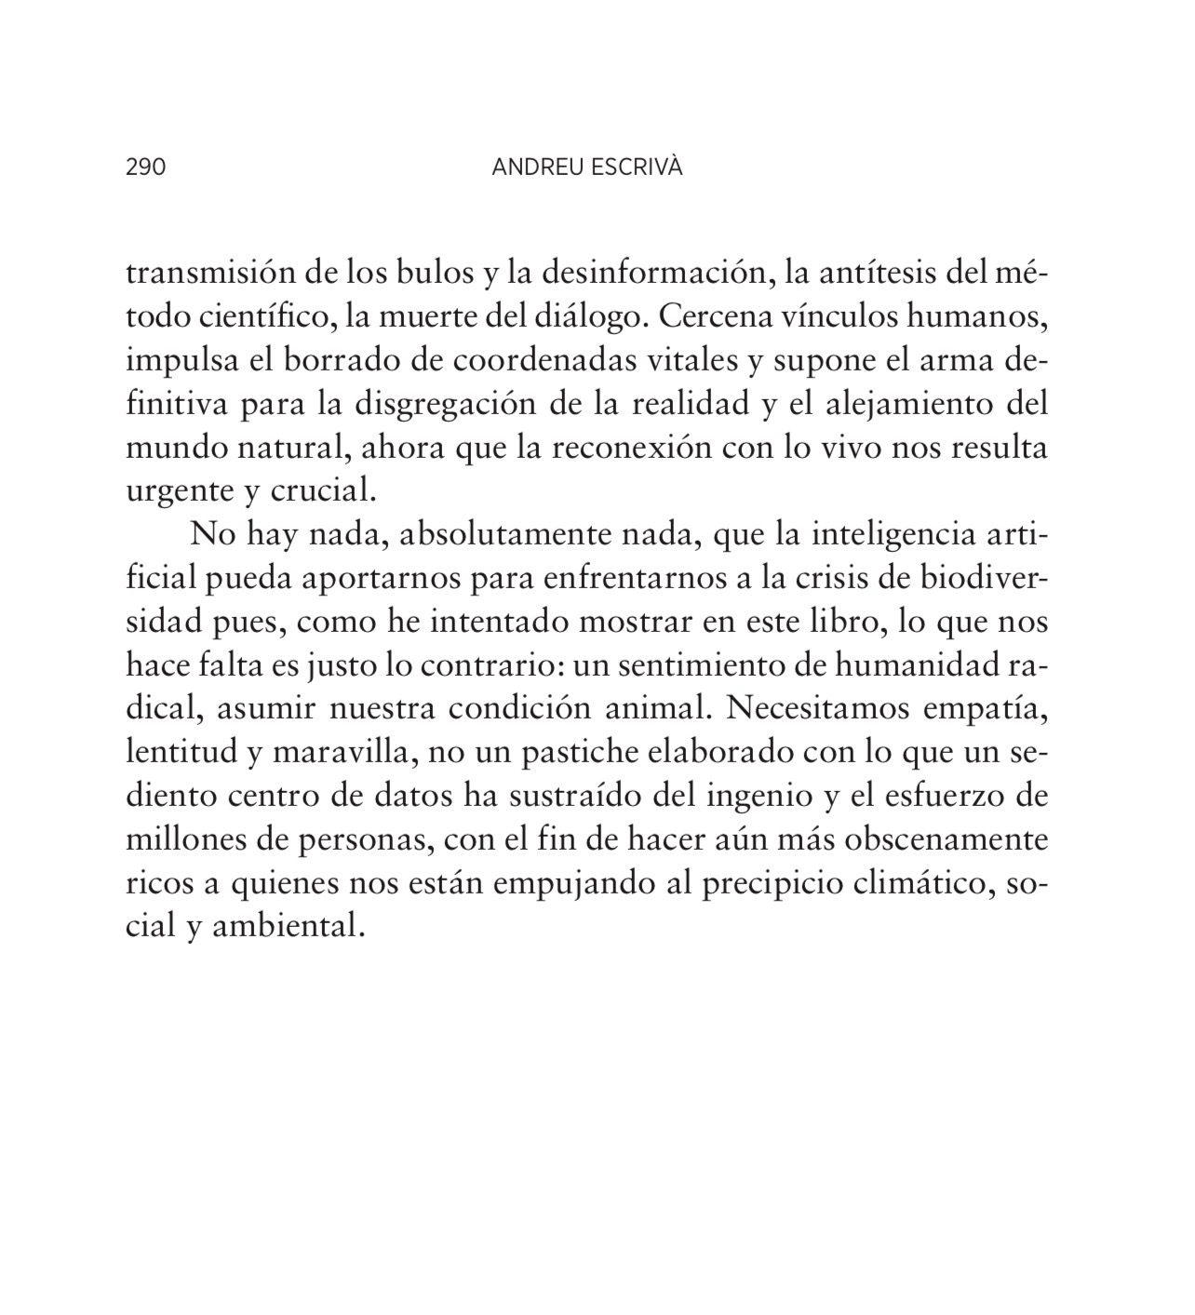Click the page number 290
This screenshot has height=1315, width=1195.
point(145,168)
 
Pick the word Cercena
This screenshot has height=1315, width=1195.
point(716,317)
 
